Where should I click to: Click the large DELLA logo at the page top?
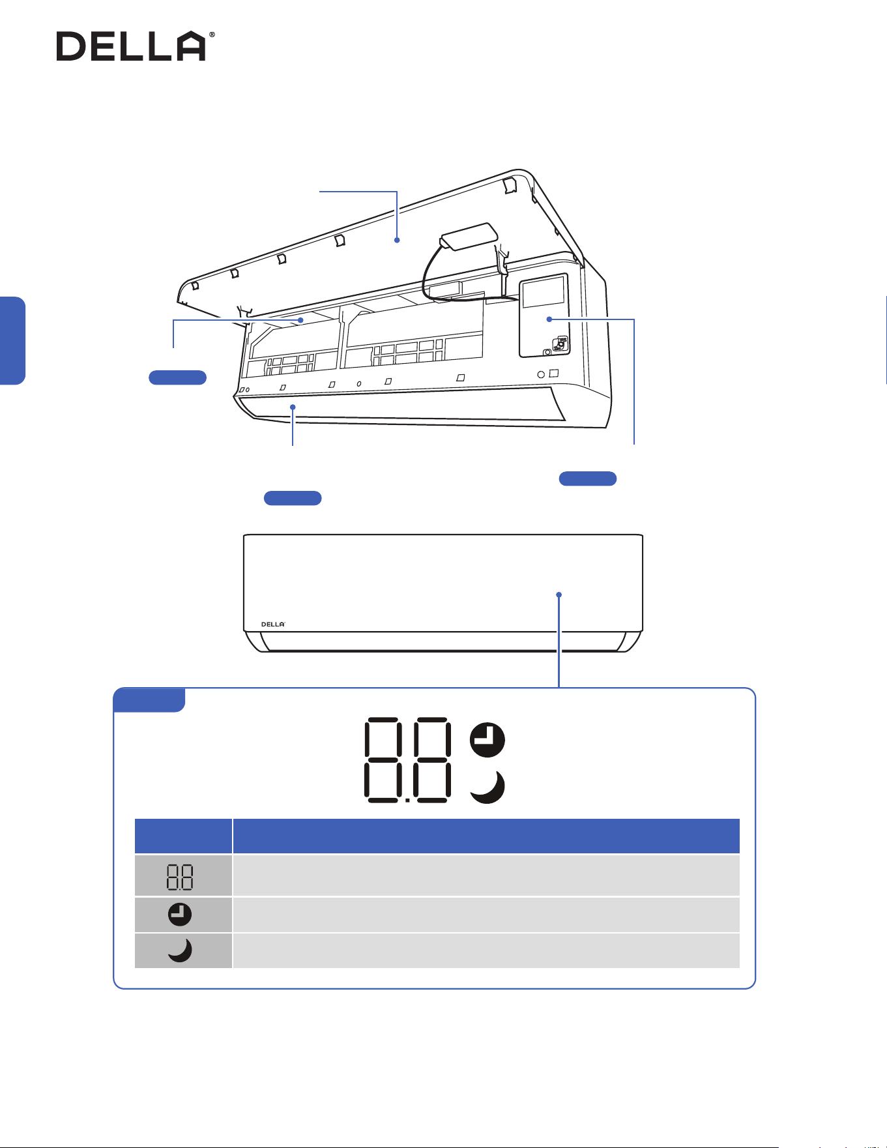[x=131, y=46]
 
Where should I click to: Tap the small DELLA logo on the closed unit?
[x=273, y=625]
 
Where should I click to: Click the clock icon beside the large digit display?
[x=487, y=740]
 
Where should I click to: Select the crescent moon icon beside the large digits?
[x=488, y=787]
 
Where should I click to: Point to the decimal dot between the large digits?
[x=407, y=800]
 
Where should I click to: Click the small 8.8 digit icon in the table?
[x=180, y=877]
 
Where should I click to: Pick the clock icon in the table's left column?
[x=180, y=915]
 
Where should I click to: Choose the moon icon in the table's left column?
[x=181, y=950]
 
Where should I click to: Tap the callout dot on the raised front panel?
[x=397, y=241]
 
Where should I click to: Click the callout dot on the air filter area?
[x=301, y=320]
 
